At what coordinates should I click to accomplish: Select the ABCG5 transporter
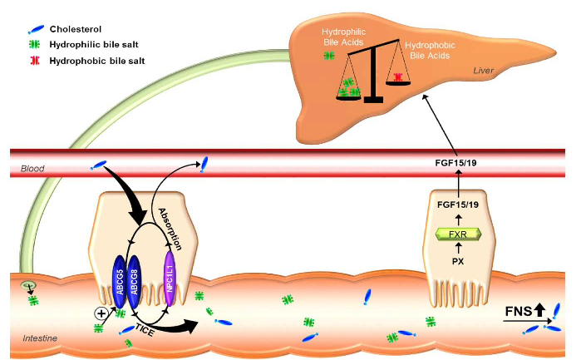coord(119,284)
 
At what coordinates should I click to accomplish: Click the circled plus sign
coord(102,313)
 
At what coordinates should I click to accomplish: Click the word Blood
coord(32,168)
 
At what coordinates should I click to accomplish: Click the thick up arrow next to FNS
coord(539,312)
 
